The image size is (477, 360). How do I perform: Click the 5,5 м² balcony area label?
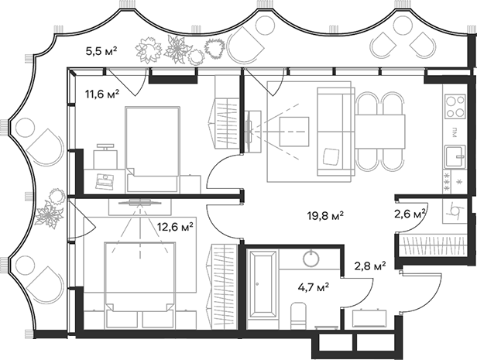pos(101,52)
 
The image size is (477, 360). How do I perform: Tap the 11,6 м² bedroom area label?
pos(102,95)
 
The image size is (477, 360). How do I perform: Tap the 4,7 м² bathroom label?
pos(313,286)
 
